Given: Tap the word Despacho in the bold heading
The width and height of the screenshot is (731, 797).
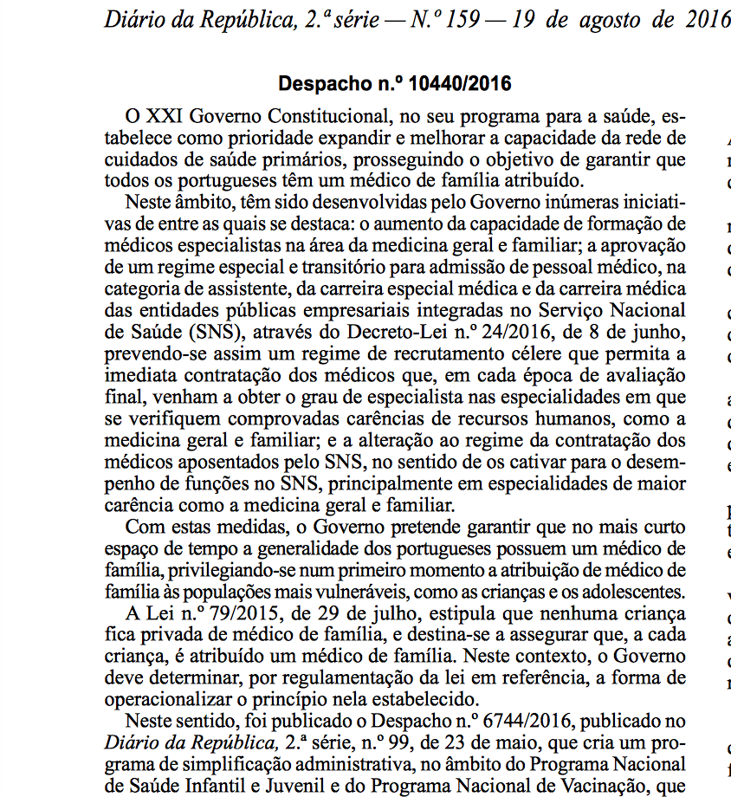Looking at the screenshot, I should (318, 84).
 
